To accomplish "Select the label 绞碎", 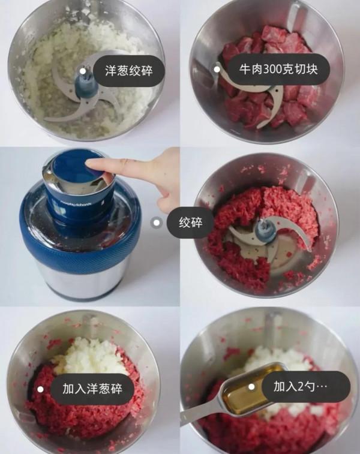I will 196,223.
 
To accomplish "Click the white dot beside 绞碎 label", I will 157,223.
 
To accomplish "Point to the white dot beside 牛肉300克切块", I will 217,70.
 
